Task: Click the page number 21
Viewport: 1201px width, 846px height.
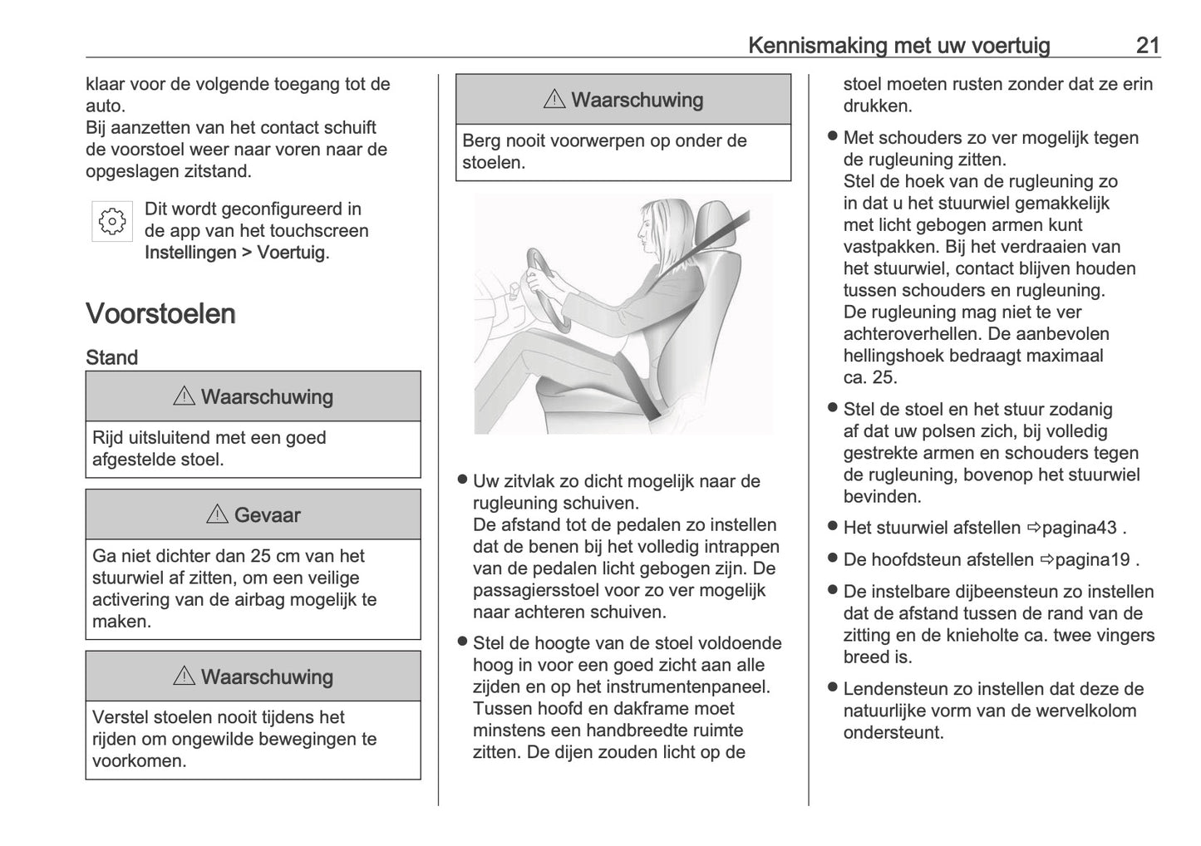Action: point(1147,45)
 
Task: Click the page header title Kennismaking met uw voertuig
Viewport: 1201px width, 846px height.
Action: point(898,45)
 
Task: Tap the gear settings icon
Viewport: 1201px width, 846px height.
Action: point(112,221)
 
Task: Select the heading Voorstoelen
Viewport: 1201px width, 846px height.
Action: point(160,314)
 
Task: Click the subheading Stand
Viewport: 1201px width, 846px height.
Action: point(111,358)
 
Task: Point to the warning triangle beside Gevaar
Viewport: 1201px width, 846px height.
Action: point(217,514)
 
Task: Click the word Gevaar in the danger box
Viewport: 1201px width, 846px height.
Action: point(267,515)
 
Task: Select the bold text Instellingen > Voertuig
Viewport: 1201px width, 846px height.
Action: point(235,253)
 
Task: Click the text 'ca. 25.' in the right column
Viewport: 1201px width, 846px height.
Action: point(870,377)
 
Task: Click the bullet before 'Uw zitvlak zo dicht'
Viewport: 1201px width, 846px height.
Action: point(462,480)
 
